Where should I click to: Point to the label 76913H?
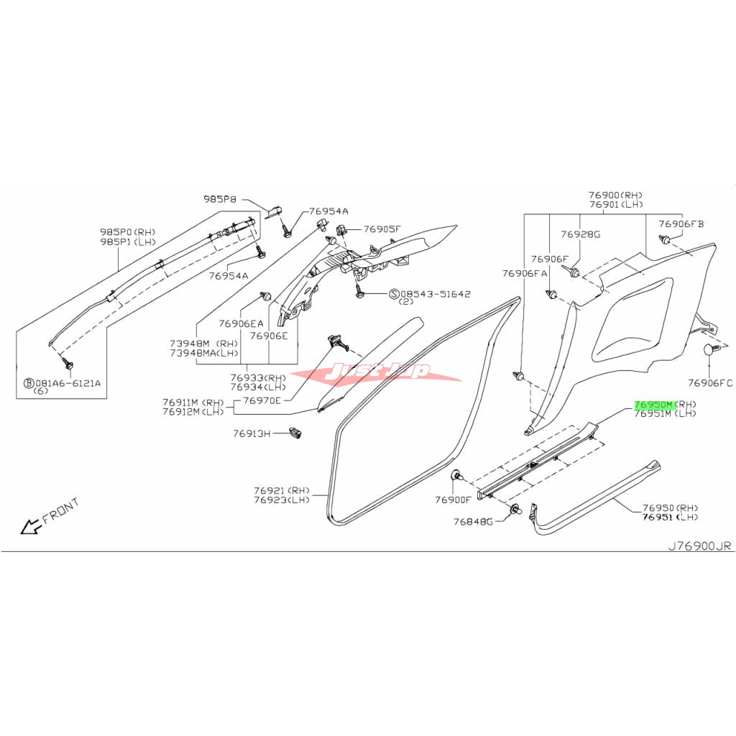point(252,433)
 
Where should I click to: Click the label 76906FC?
point(709,382)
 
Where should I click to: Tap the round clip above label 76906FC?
point(711,350)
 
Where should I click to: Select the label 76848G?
point(472,521)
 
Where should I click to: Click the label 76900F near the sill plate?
point(453,500)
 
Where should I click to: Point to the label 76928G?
point(581,234)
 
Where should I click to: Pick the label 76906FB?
point(681,224)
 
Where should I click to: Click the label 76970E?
point(262,400)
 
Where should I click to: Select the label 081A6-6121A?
point(63,383)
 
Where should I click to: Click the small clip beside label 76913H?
point(295,433)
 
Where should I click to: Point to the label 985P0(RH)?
point(127,232)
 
